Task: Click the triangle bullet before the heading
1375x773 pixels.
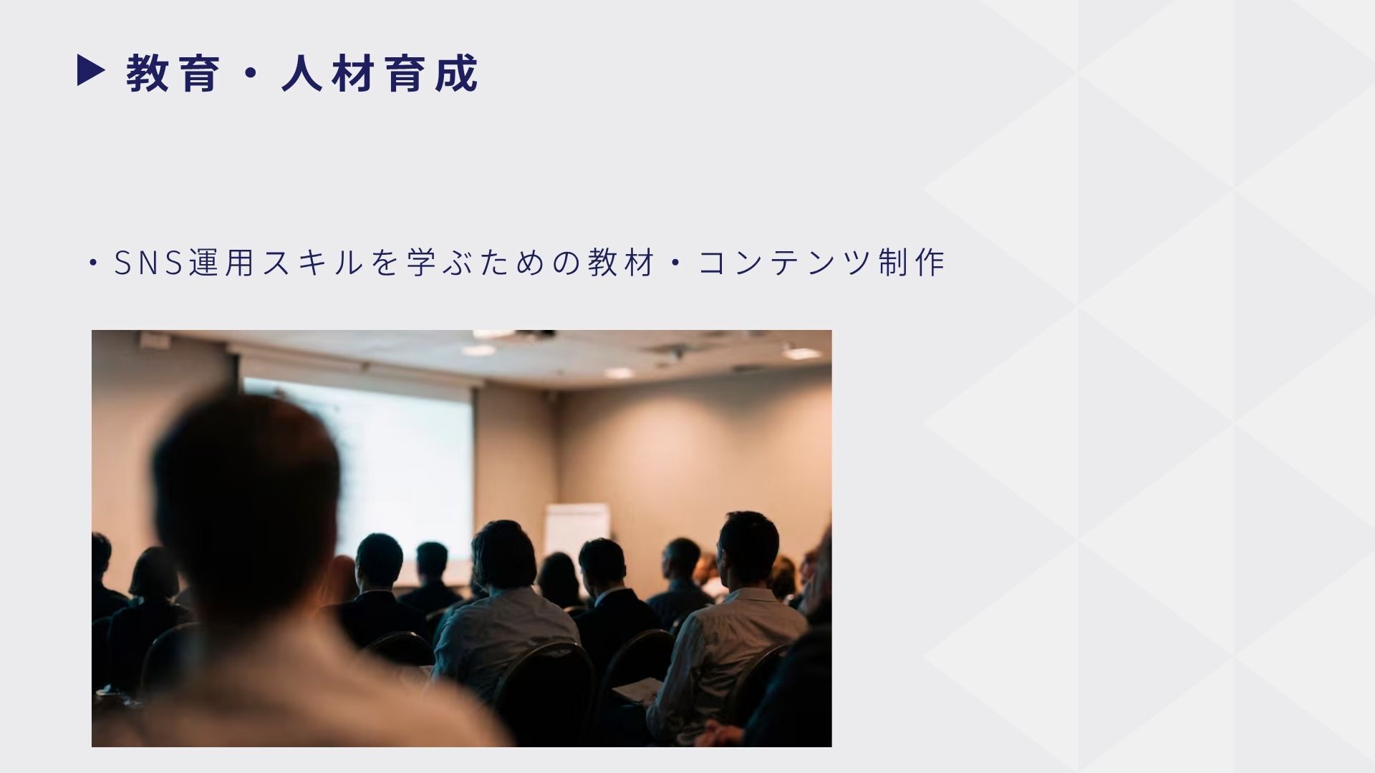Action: (x=91, y=72)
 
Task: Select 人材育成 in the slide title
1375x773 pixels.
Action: (x=380, y=73)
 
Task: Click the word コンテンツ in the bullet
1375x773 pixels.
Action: (x=785, y=263)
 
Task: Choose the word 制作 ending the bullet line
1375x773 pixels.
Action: (x=911, y=263)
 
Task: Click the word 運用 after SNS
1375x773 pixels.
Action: (x=223, y=263)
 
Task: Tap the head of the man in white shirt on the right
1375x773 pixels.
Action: (x=749, y=550)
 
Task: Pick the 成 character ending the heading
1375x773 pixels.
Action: (x=456, y=73)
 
